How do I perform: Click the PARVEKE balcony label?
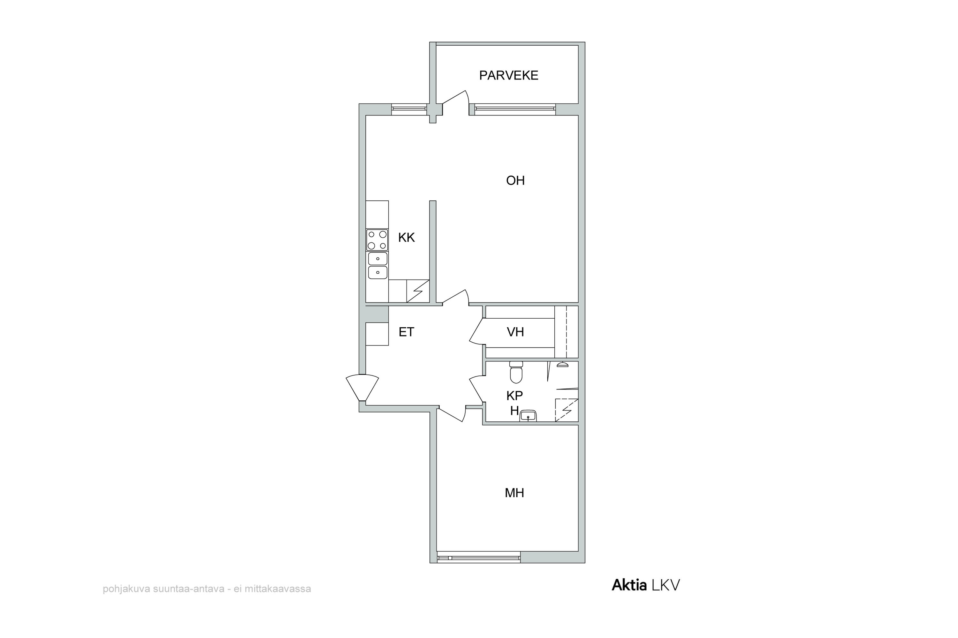coord(508,75)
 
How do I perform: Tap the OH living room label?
coord(515,180)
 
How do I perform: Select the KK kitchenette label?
coord(406,237)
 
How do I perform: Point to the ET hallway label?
coord(406,332)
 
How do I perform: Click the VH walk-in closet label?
coord(515,332)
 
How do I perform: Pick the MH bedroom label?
coord(514,493)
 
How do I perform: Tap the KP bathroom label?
coord(514,395)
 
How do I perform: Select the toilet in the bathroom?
coord(516,372)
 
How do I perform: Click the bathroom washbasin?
coord(528,416)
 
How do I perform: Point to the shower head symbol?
coord(562,364)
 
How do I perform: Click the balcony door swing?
coord(455,98)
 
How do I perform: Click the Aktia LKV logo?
coord(646,585)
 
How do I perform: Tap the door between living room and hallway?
coord(455,297)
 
